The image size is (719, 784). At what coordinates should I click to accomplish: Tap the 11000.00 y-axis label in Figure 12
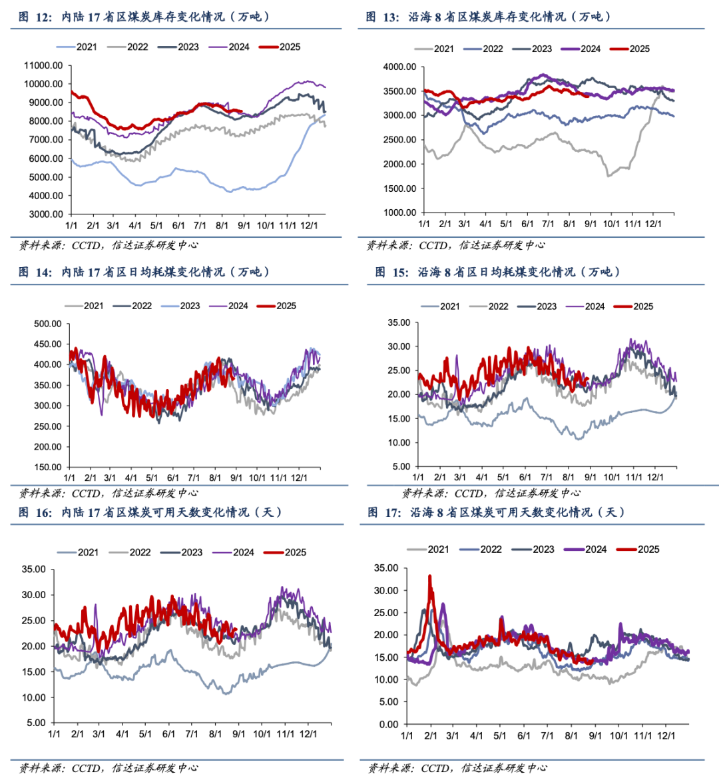pyautogui.click(x=43, y=65)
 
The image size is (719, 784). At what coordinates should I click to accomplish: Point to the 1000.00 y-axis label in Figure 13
pyautogui.click(x=399, y=212)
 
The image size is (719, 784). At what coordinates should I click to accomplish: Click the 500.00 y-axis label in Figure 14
pyautogui.click(x=47, y=324)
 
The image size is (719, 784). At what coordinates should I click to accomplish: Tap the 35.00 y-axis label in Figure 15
pyautogui.click(x=399, y=322)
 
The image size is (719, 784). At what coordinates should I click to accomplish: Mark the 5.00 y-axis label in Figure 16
pyautogui.click(x=37, y=723)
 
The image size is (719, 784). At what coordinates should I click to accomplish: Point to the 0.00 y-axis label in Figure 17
pyautogui.click(x=389, y=724)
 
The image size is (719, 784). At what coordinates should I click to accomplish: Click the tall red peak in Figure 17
pyautogui.click(x=430, y=577)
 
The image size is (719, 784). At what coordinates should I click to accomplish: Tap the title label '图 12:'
pyautogui.click(x=35, y=17)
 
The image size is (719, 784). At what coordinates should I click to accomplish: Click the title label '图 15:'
pyautogui.click(x=392, y=272)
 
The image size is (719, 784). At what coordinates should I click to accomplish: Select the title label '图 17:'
pyautogui.click(x=385, y=512)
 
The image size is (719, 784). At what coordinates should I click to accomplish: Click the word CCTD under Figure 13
pyautogui.click(x=433, y=246)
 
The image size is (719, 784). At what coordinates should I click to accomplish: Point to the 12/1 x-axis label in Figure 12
pyautogui.click(x=308, y=226)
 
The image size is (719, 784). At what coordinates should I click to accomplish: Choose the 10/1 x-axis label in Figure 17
pyautogui.click(x=619, y=736)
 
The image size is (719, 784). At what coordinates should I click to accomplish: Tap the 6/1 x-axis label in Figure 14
pyautogui.click(x=173, y=478)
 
